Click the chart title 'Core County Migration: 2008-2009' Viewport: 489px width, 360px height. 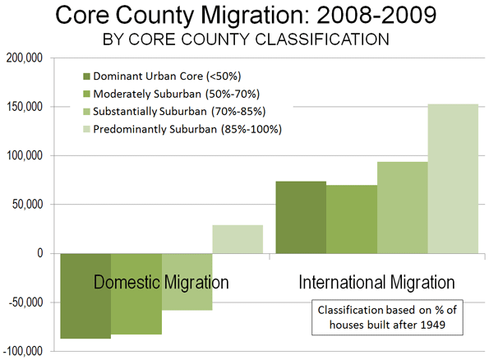(x=246, y=15)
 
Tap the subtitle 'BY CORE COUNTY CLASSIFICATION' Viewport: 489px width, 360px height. (x=246, y=39)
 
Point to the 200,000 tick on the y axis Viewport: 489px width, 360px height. (x=25, y=58)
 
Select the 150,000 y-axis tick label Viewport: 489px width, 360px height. (x=25, y=107)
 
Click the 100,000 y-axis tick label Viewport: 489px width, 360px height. (x=25, y=155)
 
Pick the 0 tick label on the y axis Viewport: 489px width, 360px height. (x=40, y=253)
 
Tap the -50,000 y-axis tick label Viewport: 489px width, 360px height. (x=25, y=302)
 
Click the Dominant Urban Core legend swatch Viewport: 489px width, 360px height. (x=86, y=76)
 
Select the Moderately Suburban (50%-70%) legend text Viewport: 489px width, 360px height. (x=176, y=94)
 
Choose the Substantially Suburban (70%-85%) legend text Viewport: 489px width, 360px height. (x=179, y=111)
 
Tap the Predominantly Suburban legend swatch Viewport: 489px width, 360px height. (x=86, y=129)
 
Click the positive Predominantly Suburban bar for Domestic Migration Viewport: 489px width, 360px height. (x=238, y=239)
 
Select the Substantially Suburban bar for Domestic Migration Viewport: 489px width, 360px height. (x=187, y=282)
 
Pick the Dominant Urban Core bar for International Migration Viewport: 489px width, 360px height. (x=302, y=218)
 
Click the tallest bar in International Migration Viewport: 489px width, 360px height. (x=453, y=178)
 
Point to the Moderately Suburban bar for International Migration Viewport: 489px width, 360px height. (x=352, y=219)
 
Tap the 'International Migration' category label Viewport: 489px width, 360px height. (x=376, y=282)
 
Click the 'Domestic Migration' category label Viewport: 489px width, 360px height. (x=161, y=282)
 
